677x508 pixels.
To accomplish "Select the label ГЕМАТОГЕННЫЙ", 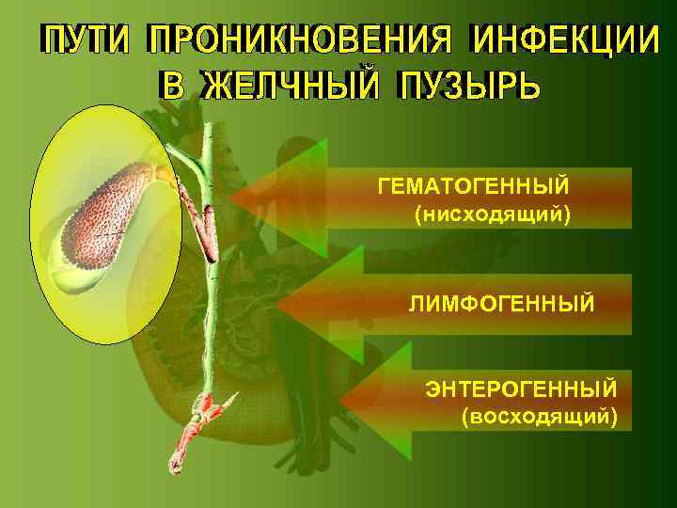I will [x=474, y=185].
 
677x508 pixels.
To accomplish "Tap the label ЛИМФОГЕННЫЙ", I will [x=501, y=304].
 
